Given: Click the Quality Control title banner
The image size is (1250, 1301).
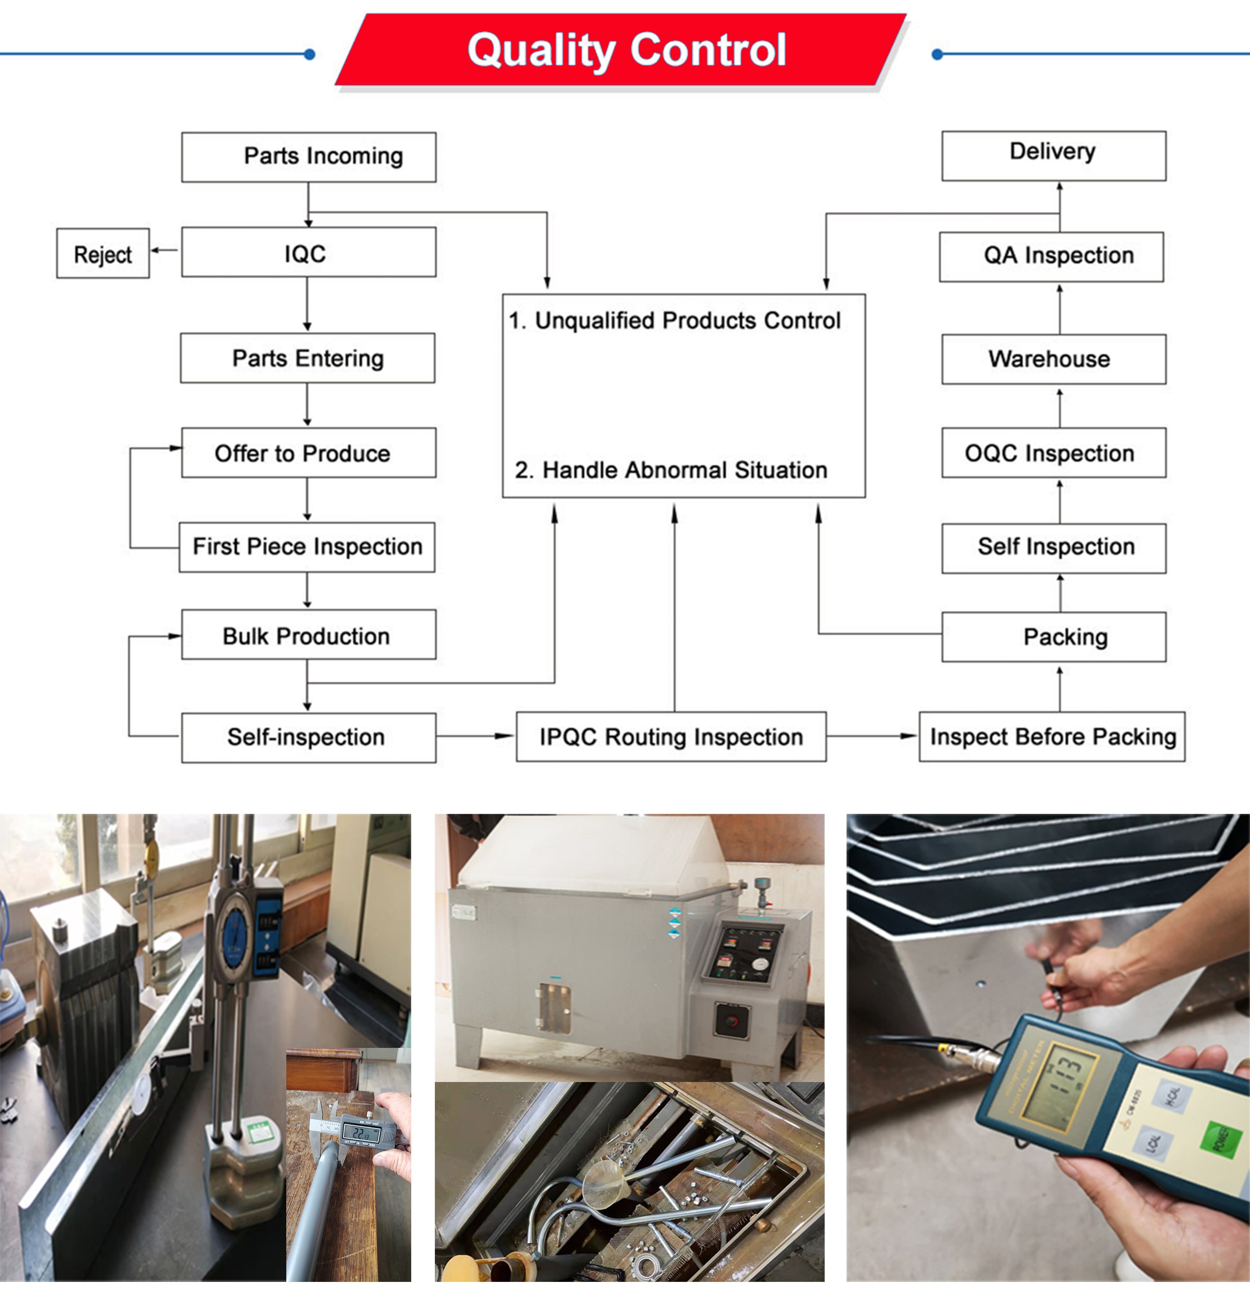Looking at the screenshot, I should pos(624,50).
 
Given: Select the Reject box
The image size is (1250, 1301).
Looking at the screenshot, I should pos(103,254).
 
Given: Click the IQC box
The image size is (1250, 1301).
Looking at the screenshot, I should pos(308,252).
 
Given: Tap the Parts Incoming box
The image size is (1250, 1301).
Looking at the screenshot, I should pos(309,157).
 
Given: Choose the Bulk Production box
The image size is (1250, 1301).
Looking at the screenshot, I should pos(308,635).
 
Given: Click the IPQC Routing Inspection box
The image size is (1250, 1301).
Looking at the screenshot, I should pos(671,737).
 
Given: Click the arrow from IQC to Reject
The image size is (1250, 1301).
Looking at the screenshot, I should pos(164,250).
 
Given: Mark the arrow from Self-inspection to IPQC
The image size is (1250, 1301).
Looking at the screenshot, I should pos(475,735).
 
